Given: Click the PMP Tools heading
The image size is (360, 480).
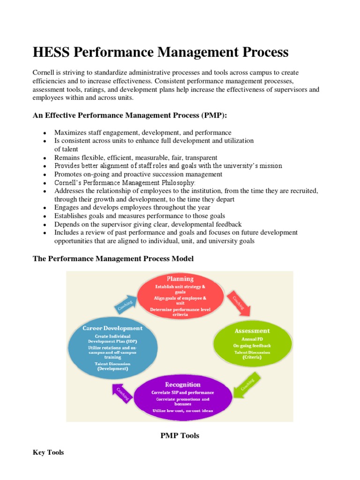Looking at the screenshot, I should coord(180,435).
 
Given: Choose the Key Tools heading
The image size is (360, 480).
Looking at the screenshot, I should coord(48,452).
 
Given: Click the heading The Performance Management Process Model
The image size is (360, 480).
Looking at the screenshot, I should coord(112,258).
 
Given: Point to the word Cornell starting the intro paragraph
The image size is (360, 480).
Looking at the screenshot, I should coord(44,73).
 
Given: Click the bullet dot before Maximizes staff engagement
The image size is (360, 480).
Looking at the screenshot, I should coord(44,133).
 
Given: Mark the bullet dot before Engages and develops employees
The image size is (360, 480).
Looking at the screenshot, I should coord(44,208).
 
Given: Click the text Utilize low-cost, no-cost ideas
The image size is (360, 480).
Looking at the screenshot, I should coord(182,411).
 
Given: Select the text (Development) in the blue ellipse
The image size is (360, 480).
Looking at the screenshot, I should coord(112,369).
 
